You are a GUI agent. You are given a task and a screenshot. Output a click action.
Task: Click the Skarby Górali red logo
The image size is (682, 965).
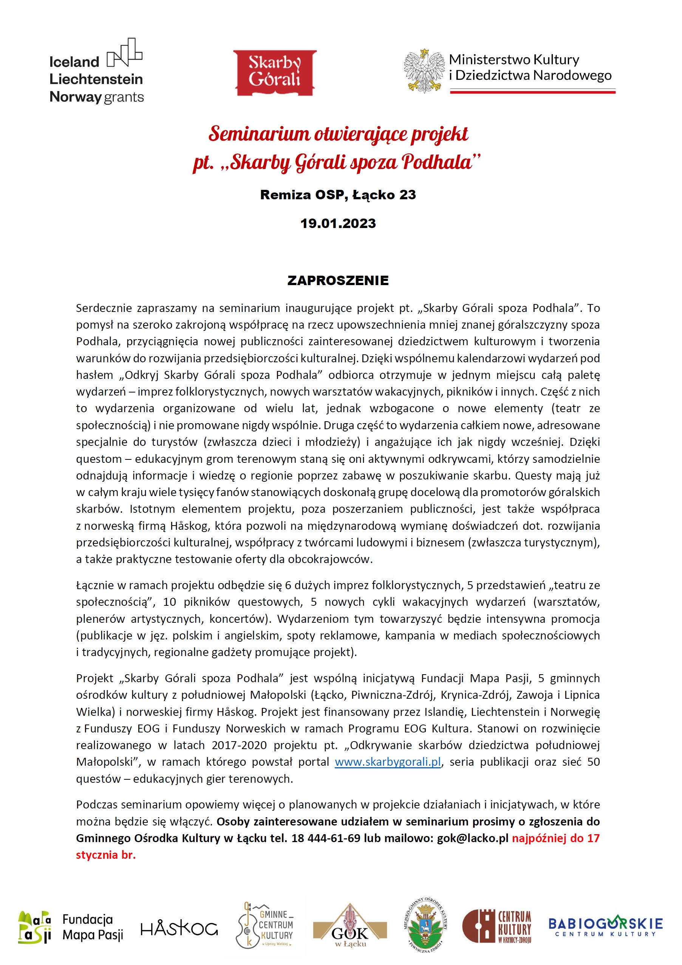[x=275, y=73]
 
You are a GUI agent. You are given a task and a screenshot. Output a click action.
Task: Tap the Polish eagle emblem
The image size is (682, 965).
[x=424, y=70]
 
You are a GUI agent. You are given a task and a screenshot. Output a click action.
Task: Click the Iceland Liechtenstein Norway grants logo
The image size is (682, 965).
[x=96, y=72]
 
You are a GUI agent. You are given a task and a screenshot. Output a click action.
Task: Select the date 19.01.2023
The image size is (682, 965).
[x=338, y=223]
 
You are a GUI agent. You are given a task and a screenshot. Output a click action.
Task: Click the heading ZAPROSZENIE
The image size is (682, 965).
[x=338, y=280]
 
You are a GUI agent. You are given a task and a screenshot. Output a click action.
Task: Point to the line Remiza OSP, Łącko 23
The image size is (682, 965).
[x=338, y=195]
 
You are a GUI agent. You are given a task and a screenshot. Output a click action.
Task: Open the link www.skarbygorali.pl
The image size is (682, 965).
[x=388, y=762]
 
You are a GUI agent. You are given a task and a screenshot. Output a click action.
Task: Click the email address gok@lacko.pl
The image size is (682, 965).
[x=472, y=838]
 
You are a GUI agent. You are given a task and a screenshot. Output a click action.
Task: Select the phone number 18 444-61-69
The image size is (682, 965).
[x=326, y=838]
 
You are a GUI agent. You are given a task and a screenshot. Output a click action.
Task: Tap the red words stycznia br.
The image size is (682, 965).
[x=106, y=855]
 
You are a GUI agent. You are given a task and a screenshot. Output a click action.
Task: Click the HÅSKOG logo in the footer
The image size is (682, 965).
[x=179, y=928]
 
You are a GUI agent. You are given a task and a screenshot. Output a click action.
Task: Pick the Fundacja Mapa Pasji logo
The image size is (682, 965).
[x=71, y=927]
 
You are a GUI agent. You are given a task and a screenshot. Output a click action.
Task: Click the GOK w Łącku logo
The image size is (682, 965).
[x=350, y=926]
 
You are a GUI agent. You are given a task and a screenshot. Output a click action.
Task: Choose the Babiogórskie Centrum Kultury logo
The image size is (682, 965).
[x=605, y=927]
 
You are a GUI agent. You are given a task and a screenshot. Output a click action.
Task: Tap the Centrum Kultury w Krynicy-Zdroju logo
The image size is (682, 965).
[x=496, y=927]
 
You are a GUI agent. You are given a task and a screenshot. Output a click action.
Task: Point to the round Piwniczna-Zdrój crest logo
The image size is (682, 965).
[x=426, y=925]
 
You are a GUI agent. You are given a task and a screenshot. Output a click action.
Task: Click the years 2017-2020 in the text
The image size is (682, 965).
[x=239, y=745]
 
